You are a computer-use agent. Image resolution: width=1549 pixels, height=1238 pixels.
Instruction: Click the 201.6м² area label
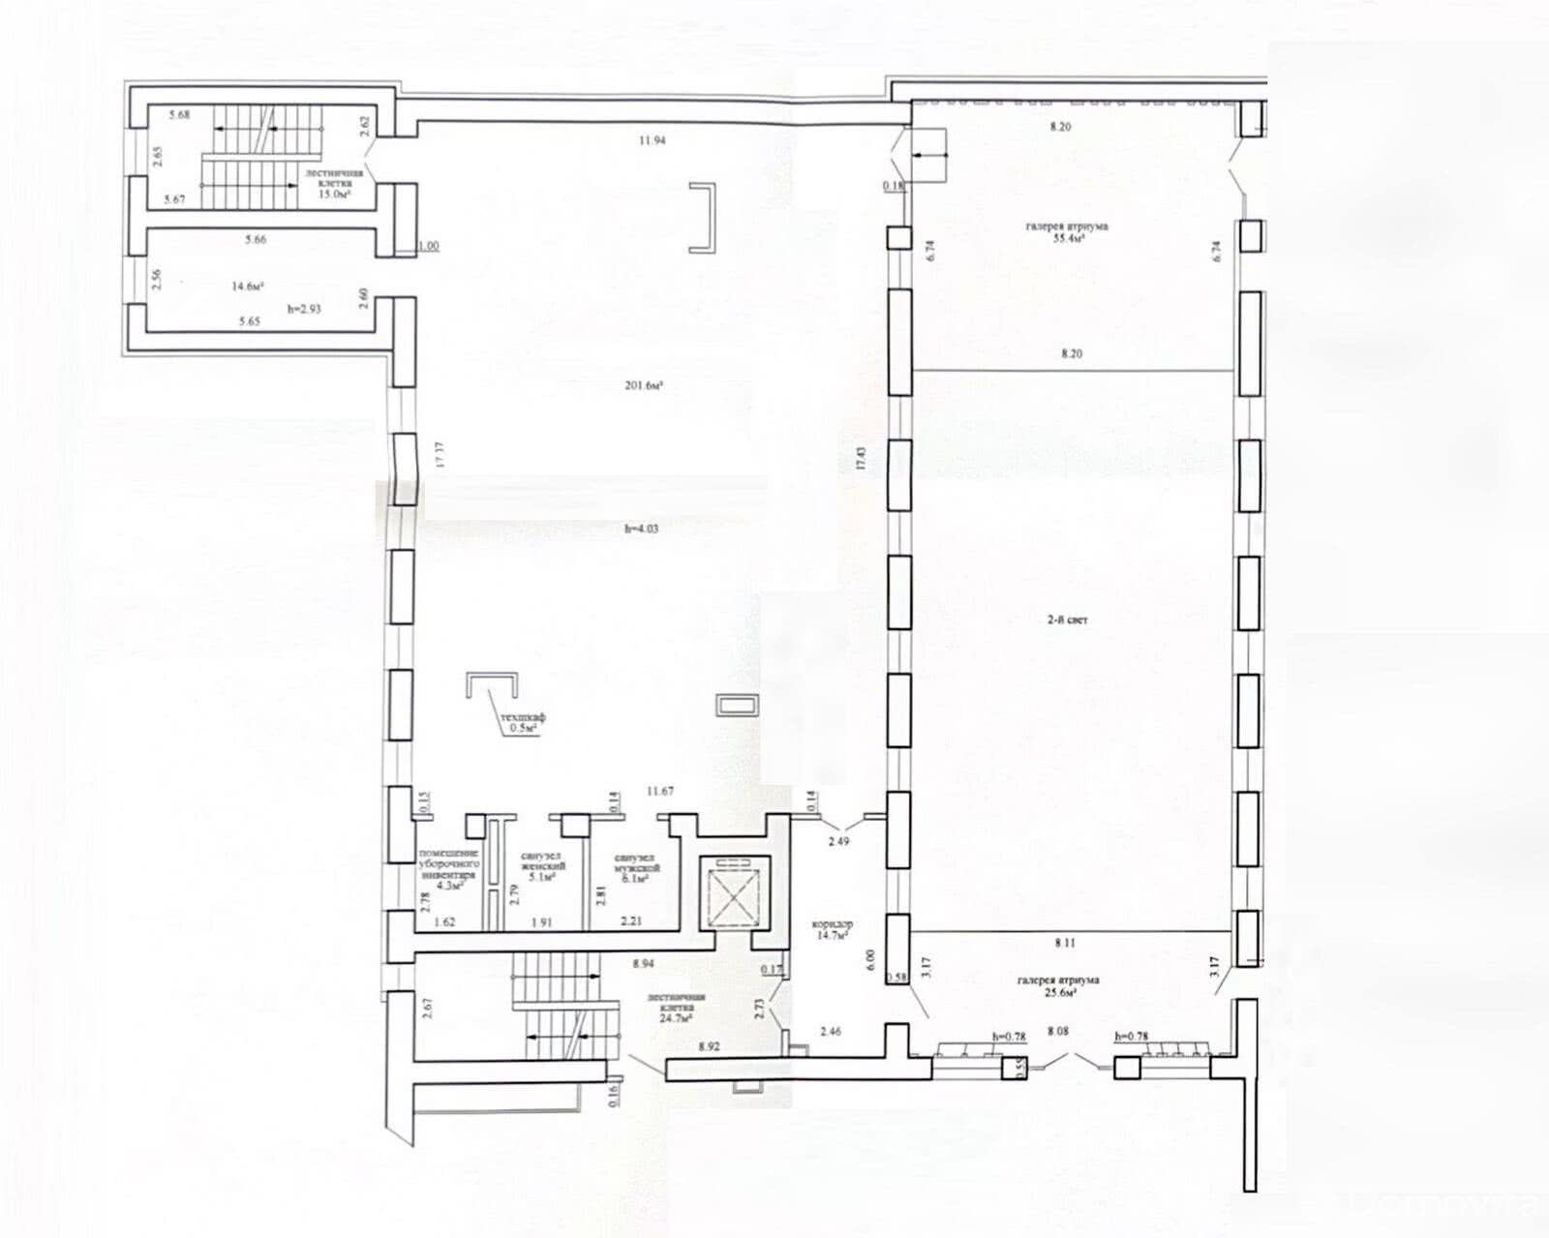[643, 385]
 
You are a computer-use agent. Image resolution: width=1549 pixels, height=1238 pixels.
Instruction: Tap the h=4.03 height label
[641, 528]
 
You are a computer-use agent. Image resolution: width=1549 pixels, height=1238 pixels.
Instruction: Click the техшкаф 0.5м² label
[523, 722]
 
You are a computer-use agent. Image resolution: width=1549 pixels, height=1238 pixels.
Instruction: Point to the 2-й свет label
[1068, 619]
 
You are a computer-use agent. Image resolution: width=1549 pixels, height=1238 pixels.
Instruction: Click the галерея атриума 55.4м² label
[1068, 232]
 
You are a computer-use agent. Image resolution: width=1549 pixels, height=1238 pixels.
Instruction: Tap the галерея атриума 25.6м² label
[1058, 985]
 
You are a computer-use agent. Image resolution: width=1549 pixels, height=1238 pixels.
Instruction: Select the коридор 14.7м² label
[833, 930]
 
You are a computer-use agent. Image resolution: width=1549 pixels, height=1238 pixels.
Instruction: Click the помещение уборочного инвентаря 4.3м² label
[449, 867]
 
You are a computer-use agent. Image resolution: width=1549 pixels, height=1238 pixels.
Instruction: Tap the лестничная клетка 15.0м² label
[334, 183]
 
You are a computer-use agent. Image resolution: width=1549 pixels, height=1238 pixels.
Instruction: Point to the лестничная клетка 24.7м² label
[678, 1007]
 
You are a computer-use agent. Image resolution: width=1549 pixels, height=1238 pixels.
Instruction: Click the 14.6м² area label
[248, 286]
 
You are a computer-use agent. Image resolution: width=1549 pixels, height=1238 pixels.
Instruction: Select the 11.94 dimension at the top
[652, 140]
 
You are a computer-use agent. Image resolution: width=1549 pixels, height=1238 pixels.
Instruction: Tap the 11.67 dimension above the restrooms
[660, 791]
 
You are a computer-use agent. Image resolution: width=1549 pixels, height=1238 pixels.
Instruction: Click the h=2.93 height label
[304, 309]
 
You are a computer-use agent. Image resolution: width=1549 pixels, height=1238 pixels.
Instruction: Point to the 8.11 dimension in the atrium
[1066, 941]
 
